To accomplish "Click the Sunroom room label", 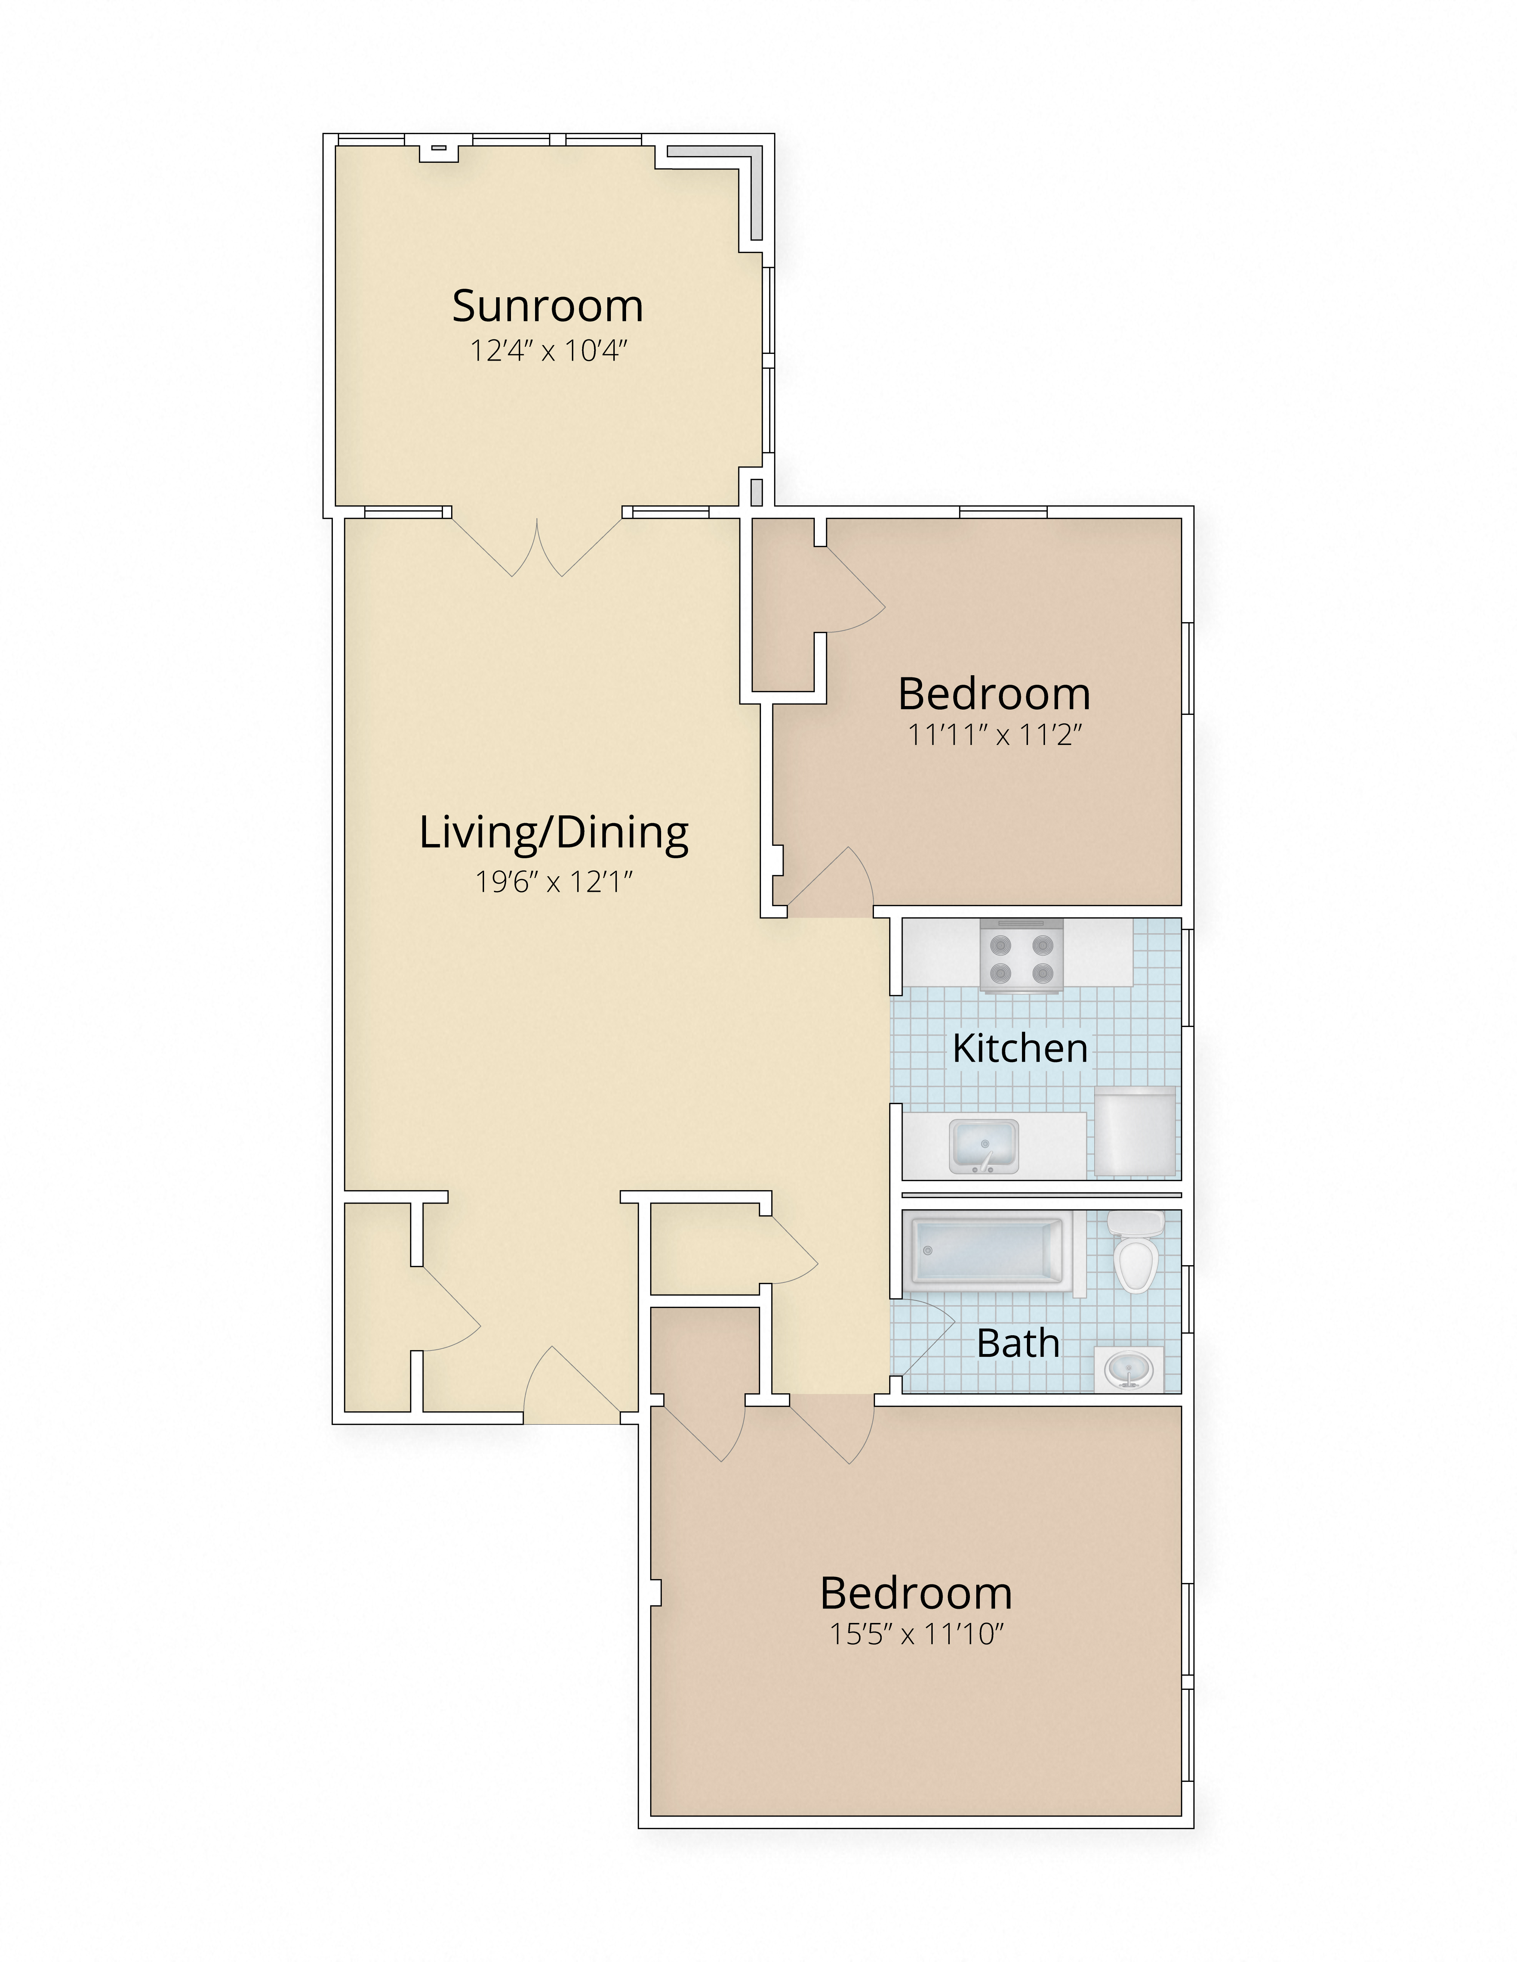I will (x=547, y=306).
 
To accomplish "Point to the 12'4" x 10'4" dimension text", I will (x=547, y=350).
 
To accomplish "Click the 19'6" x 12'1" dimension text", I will (x=553, y=882).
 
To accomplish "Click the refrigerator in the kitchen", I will (x=1134, y=1132).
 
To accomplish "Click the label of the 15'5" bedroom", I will (x=916, y=1593).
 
